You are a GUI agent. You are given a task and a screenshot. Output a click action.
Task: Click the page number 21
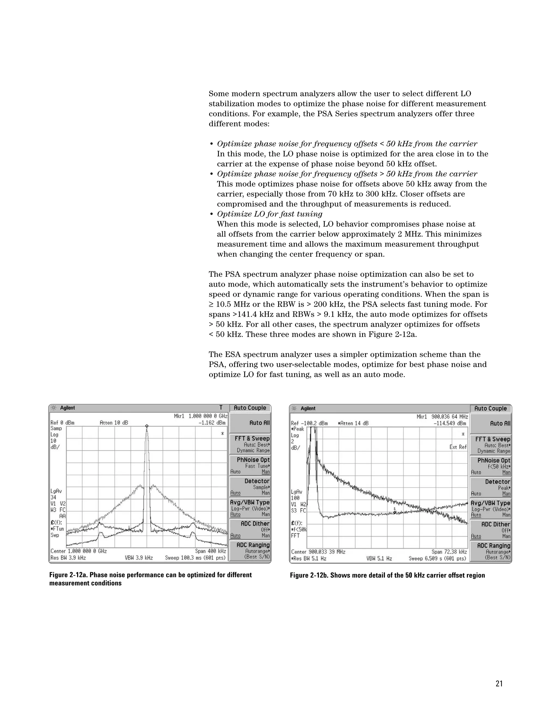tap(499, 684)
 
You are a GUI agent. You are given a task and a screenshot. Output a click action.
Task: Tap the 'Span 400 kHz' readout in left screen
tap(210, 551)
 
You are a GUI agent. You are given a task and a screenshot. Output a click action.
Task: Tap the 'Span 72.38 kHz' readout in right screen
tap(449, 552)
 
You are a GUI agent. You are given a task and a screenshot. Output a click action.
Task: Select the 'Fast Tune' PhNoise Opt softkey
tap(250, 465)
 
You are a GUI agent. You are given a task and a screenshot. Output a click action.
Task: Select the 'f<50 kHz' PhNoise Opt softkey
tap(491, 466)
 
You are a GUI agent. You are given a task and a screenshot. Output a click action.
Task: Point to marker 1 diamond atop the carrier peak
tap(146, 426)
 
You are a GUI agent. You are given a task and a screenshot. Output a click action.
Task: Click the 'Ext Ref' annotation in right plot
tap(458, 447)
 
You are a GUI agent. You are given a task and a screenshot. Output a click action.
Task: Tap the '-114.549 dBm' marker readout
tap(452, 423)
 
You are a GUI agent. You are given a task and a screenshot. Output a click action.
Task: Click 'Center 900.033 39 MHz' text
tap(318, 552)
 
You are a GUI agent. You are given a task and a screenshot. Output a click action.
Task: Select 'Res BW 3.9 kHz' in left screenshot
tap(68, 558)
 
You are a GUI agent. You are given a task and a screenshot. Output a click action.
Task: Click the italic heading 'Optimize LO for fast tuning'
tap(269, 214)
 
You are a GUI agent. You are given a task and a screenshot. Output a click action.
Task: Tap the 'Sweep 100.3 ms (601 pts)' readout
tap(196, 558)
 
